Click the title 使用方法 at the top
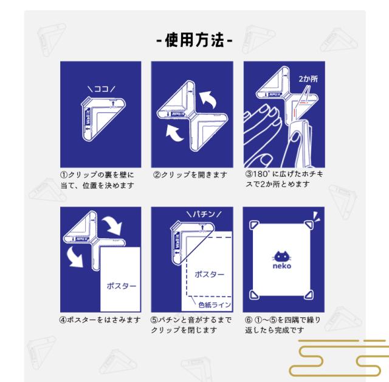pos(194,40)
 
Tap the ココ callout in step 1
pos(102,89)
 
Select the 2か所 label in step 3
pos(308,79)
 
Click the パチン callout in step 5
pos(204,214)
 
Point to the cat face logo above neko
pos(281,256)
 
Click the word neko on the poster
pos(282,266)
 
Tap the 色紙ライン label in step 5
pos(215,305)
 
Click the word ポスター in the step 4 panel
pos(122,286)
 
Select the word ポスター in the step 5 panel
pos(209,274)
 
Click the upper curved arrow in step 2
pos(208,99)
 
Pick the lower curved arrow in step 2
pos(174,133)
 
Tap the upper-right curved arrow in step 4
pos(113,225)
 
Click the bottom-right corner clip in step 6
pos(309,295)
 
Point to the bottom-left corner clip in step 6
pos(253,295)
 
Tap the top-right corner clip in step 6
pos(309,225)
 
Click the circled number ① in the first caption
pos(64,175)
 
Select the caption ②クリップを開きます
pos(190,175)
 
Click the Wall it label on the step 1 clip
pos(88,116)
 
